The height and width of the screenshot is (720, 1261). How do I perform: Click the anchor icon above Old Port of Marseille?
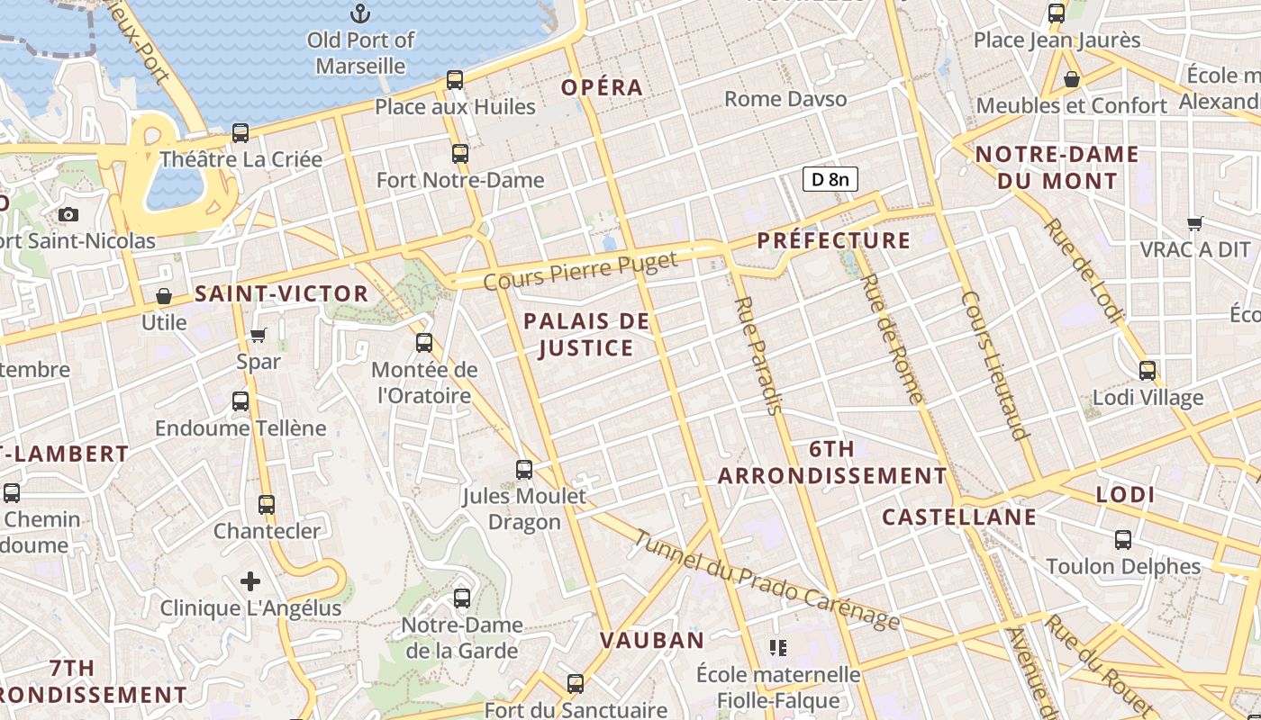(360, 13)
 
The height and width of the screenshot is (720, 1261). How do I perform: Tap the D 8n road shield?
(830, 179)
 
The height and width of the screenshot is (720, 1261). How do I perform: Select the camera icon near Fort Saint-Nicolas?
(68, 214)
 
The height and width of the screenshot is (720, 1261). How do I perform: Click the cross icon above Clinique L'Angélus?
(250, 581)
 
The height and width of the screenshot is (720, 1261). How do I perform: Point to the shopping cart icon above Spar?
(259, 336)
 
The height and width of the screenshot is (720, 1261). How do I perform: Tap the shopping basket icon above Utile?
(164, 296)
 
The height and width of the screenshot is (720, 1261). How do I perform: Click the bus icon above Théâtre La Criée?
(240, 133)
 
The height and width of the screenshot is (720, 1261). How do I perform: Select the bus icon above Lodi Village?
(1148, 371)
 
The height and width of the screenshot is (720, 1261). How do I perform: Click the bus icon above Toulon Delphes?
(1123, 540)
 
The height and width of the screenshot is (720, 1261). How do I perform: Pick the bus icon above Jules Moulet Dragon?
(524, 469)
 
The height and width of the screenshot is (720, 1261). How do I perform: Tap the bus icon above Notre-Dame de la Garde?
(462, 598)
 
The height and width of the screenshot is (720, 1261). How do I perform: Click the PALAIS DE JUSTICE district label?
(586, 334)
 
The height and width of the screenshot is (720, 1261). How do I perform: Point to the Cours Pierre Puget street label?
(580, 271)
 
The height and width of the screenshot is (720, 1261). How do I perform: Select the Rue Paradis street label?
(757, 355)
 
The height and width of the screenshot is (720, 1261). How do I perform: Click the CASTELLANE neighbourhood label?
(959, 517)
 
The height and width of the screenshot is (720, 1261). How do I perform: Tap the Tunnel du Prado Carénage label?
(767, 580)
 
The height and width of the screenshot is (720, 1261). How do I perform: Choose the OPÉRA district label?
(603, 87)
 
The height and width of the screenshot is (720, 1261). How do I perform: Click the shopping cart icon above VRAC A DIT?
(1195, 223)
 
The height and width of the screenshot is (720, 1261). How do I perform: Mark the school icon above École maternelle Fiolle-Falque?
(779, 647)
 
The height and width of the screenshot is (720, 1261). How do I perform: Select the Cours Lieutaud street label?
(995, 364)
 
